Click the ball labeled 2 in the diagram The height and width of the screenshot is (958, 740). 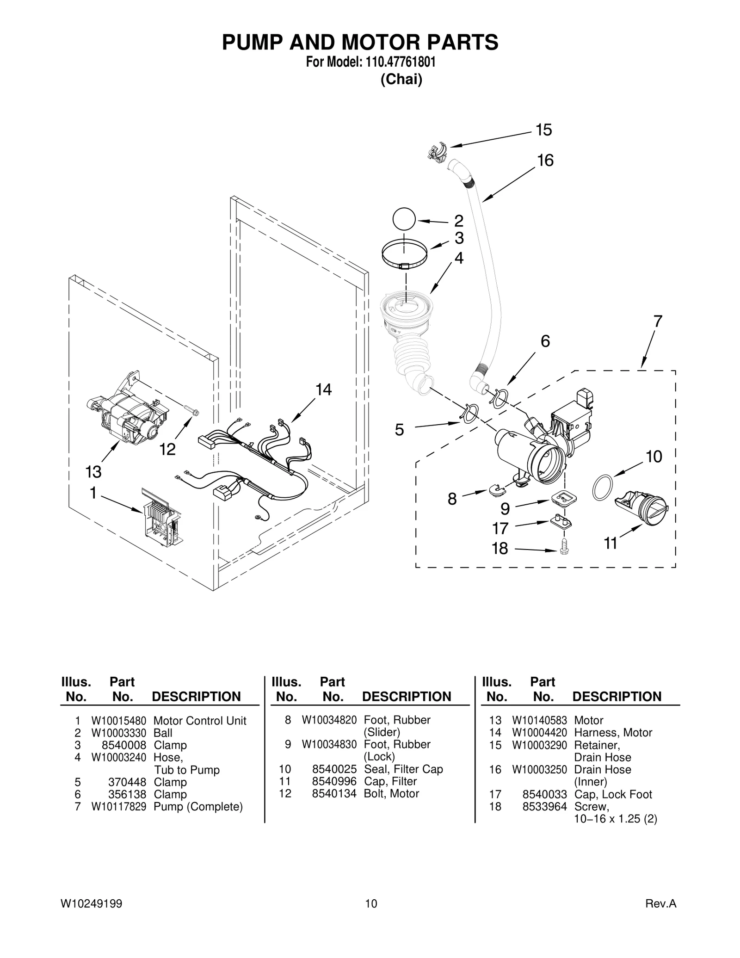click(404, 219)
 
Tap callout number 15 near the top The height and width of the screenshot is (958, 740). click(543, 130)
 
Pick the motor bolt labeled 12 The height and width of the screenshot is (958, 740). click(191, 410)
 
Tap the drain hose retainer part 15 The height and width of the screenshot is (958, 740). click(437, 152)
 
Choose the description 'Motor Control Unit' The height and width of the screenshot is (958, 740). click(200, 721)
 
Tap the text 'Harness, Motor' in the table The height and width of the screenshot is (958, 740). click(613, 733)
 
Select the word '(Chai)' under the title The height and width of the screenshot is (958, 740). click(401, 80)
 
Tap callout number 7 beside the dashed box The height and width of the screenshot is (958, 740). click(657, 321)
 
